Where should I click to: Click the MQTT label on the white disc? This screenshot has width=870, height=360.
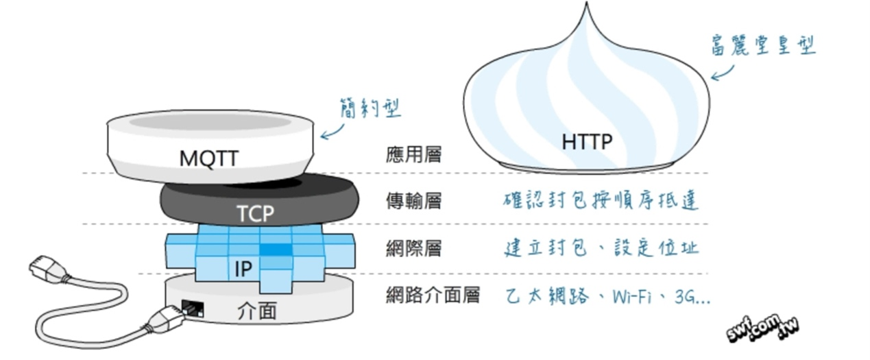(209, 158)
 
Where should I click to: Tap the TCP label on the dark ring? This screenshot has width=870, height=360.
(255, 213)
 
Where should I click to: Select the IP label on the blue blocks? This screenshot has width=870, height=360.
(243, 269)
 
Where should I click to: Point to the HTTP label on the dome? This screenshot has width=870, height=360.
(587, 142)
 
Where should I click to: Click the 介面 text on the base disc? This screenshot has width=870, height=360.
(256, 311)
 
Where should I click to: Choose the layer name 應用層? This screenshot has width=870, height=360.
(413, 154)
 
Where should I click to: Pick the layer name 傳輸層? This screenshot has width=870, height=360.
(413, 201)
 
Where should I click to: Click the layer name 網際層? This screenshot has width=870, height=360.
(413, 248)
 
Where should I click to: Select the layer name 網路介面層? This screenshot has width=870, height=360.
(433, 295)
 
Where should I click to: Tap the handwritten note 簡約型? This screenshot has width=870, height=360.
(370, 108)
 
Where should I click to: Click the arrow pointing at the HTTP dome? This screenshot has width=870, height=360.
(723, 73)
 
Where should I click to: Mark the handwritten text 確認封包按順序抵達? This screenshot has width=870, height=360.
(601, 201)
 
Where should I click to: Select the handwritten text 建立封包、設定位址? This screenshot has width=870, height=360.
(602, 248)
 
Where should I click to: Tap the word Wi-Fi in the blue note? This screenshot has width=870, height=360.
(631, 297)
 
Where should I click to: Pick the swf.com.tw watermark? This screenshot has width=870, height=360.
(762, 329)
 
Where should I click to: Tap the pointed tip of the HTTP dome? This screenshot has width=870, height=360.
(586, 2)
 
